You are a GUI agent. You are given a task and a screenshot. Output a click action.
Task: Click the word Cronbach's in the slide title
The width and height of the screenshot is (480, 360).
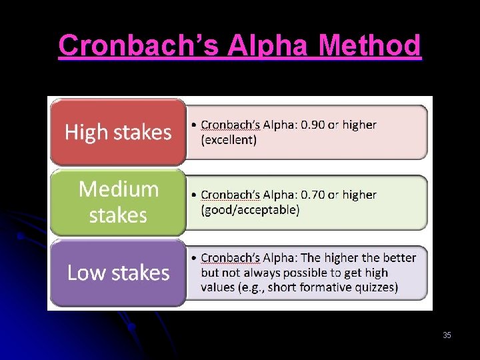coord(139,46)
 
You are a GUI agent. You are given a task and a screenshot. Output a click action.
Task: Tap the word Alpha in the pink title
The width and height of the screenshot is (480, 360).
coord(269,46)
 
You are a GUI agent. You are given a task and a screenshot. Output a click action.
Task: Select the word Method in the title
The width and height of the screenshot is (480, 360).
coord(370,46)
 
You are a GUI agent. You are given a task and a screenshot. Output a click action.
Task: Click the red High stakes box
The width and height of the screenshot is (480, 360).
coord(118,132)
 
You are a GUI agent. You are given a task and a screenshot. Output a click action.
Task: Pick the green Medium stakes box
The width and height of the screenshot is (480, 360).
coord(118,202)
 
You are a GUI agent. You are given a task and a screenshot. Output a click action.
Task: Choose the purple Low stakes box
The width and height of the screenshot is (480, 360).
coord(118,273)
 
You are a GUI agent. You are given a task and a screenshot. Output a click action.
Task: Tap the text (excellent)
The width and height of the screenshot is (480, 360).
coord(229,140)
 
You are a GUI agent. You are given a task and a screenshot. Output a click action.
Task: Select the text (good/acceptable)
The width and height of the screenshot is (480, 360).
coord(250,210)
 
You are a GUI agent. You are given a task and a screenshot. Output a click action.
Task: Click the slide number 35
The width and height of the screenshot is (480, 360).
coord(447,335)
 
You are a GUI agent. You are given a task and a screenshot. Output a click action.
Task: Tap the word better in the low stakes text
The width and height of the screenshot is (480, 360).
coord(399,258)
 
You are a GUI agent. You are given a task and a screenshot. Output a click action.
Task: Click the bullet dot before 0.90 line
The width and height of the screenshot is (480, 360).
coord(193,125)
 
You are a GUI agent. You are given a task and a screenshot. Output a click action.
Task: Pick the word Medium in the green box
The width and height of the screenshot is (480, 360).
coord(119,189)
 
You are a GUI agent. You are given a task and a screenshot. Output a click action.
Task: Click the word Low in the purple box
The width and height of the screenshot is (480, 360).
coord(83,273)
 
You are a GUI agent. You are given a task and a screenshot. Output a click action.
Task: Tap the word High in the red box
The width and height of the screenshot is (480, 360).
coord(86,132)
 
